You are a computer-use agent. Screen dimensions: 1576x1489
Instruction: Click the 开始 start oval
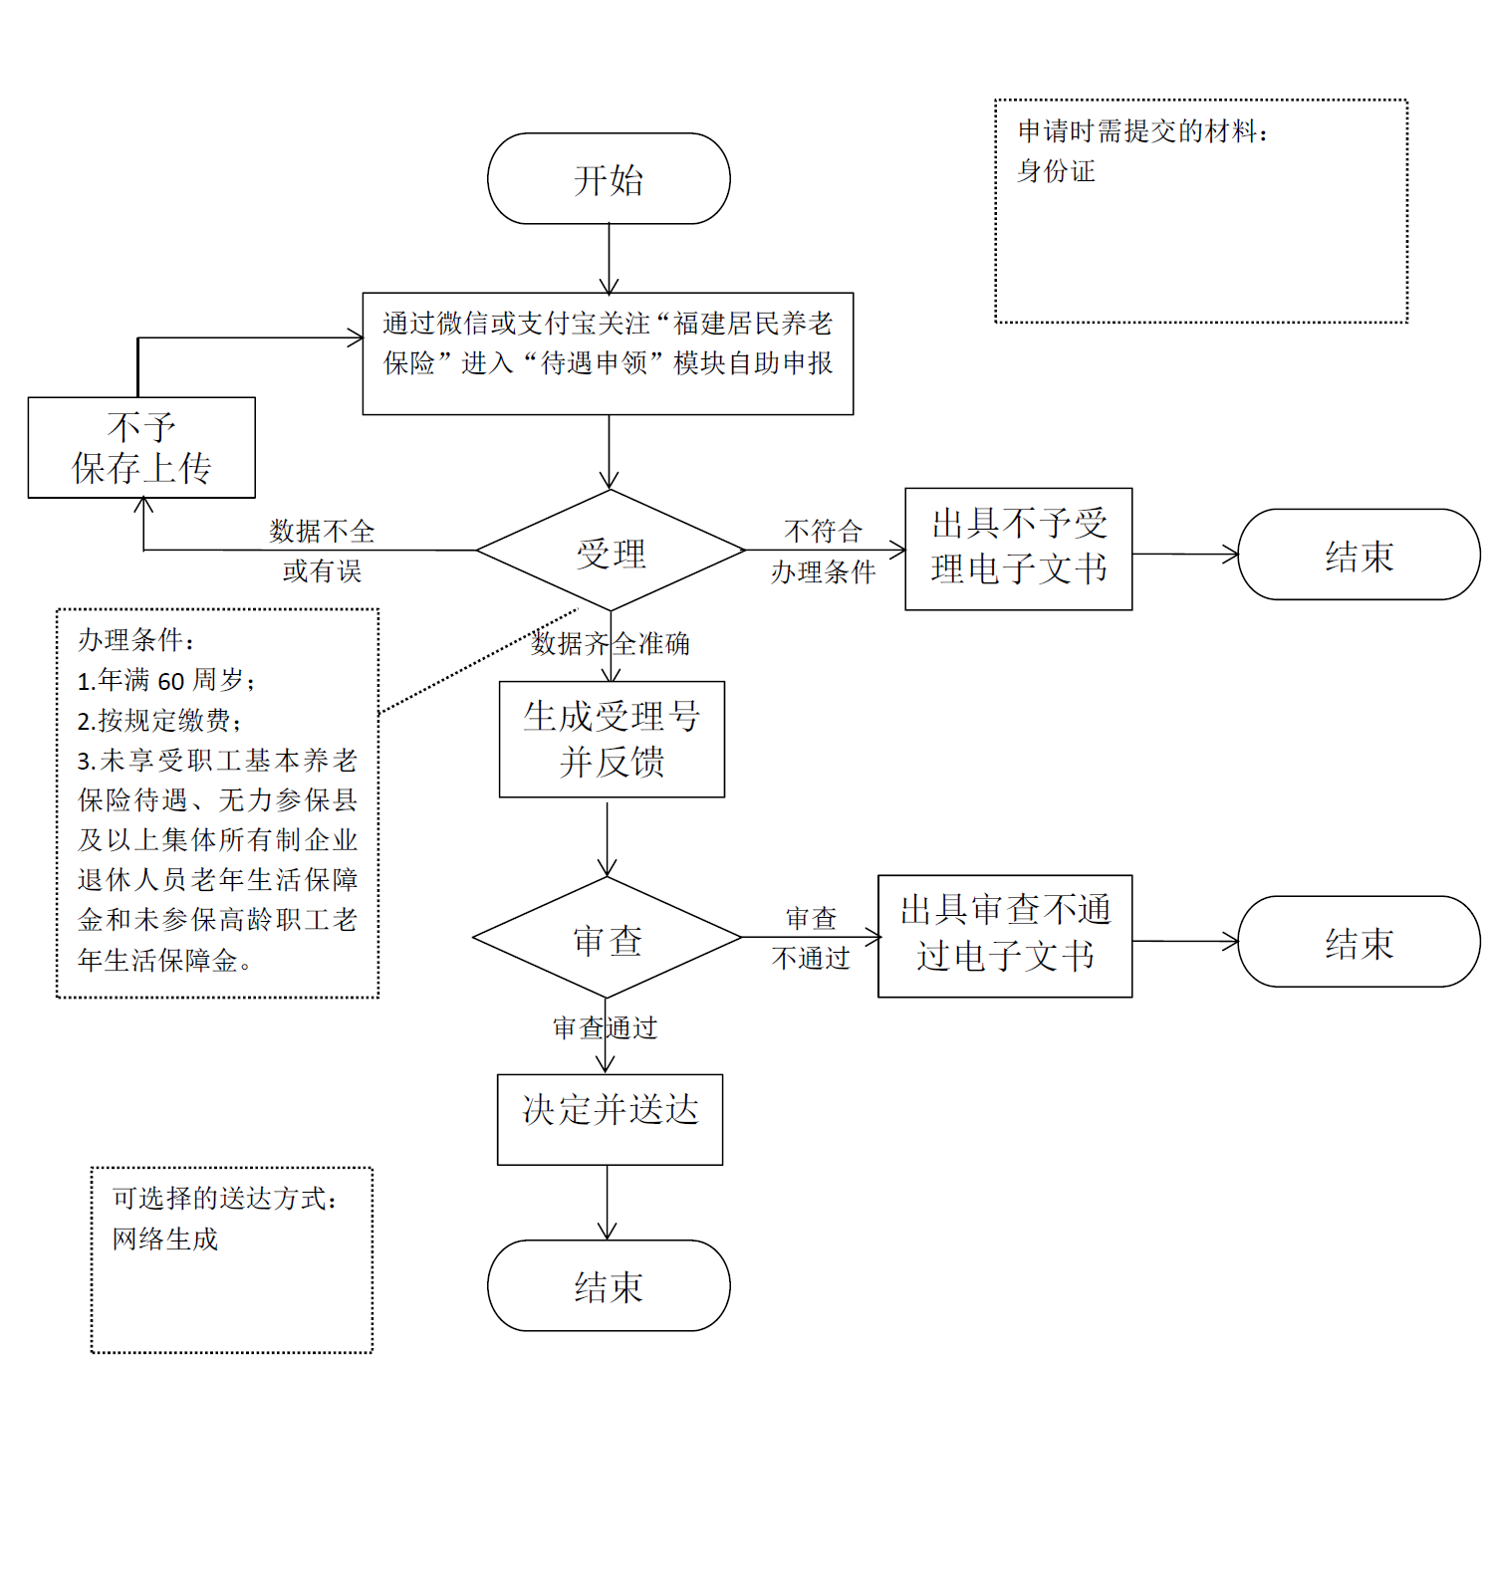[x=609, y=179]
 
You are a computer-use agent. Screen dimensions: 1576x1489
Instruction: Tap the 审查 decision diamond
[x=608, y=938]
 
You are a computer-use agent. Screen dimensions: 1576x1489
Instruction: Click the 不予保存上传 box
[x=141, y=448]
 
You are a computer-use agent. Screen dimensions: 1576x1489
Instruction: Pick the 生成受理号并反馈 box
[x=612, y=739]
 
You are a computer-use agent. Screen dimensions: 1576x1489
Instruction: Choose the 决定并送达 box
[x=610, y=1118]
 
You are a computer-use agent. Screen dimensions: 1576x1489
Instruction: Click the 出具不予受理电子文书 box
[x=1018, y=549]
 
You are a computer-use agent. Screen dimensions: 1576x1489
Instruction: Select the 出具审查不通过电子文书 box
[x=1004, y=936]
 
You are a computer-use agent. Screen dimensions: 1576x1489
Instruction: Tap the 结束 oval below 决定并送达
[x=609, y=1285]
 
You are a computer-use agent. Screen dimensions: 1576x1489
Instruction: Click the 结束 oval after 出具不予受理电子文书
[x=1359, y=555]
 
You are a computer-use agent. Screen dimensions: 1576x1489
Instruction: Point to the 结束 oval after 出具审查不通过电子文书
[x=1359, y=941]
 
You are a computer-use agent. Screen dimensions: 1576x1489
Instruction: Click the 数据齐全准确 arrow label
[x=610, y=644]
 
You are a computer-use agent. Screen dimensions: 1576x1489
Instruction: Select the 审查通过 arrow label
[x=605, y=1027]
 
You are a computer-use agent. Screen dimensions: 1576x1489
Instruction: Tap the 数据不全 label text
[x=322, y=532]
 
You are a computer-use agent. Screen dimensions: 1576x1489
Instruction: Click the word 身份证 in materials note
[x=1056, y=171]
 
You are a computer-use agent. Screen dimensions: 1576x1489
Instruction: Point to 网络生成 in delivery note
[x=164, y=1238]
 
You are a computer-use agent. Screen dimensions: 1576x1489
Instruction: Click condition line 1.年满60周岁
[x=165, y=681]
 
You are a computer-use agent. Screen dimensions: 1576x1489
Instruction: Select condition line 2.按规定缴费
[x=158, y=721]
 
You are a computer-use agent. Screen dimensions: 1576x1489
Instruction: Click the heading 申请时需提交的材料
[x=1141, y=131]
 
